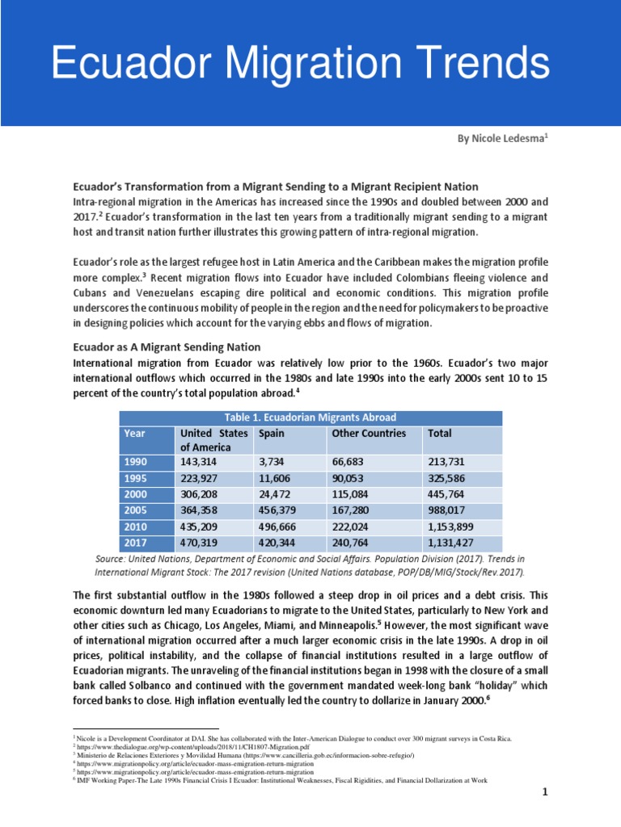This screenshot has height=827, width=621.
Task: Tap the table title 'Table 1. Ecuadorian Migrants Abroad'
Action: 310,418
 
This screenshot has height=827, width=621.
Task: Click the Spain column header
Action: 272,434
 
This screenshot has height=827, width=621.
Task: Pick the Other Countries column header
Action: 369,434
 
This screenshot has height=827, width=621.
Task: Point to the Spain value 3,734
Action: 273,461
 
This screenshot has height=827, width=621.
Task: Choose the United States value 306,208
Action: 201,493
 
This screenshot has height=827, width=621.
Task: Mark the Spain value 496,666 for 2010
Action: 279,527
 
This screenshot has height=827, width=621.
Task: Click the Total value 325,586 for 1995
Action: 449,477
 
